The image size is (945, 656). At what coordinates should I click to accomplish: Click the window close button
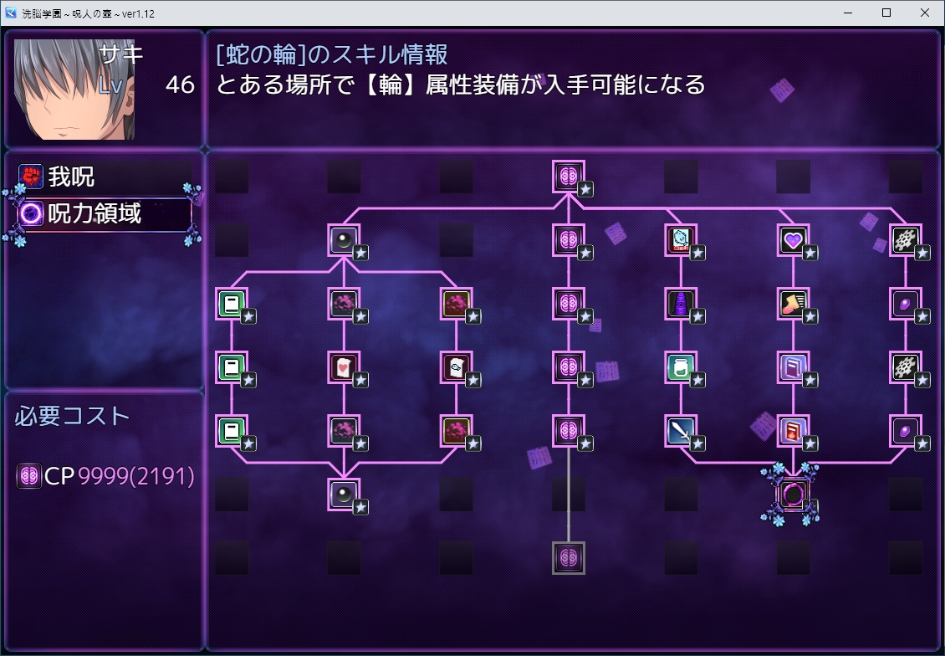pos(924,13)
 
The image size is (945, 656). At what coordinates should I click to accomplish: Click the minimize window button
pos(847,13)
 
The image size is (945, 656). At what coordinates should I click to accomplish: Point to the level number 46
pos(180,85)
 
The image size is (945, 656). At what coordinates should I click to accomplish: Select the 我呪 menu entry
pos(71,177)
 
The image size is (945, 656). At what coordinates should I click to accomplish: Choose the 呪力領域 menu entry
pos(94,214)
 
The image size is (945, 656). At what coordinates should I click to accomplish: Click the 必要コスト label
pos(73,416)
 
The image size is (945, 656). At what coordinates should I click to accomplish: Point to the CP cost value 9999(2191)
pos(136,477)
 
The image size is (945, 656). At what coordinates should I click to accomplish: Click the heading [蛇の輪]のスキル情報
pos(332,54)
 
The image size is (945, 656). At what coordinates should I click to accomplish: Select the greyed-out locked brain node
pos(568,557)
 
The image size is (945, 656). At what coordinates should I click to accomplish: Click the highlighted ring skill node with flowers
pos(791,494)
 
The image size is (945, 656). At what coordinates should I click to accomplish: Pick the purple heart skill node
pos(792,241)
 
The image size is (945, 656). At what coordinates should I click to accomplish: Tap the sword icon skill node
pos(680,431)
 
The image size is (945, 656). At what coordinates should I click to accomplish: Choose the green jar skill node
pos(680,366)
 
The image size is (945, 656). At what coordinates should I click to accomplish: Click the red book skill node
pos(792,431)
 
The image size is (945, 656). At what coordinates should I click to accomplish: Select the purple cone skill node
pos(680,304)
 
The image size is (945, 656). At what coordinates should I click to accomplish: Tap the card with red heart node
pos(344,366)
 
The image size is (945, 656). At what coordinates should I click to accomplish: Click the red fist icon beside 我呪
pos(31,177)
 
